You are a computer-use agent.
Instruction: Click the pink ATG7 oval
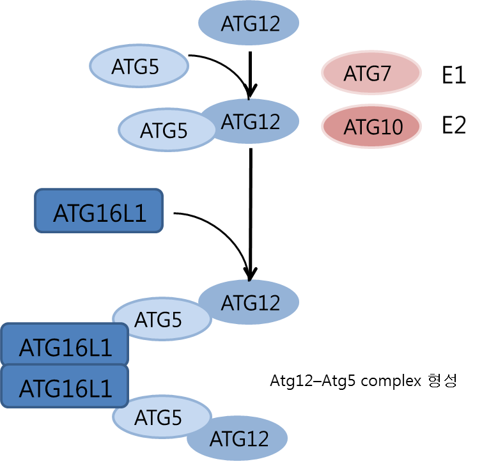(x=371, y=74)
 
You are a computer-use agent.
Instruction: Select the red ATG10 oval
(x=371, y=127)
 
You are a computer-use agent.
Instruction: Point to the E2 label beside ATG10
(x=454, y=126)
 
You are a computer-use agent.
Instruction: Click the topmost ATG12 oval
(x=250, y=24)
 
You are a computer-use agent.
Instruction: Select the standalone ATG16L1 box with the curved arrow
(x=99, y=210)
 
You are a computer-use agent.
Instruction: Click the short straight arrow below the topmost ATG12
(x=251, y=73)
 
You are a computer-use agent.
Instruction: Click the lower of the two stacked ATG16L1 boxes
(x=65, y=387)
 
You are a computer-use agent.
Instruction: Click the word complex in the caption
(x=391, y=382)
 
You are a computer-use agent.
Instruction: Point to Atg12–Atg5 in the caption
(x=314, y=382)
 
